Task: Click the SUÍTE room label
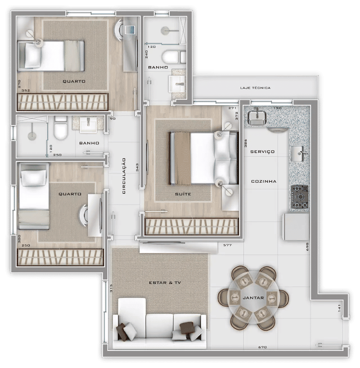click(x=183, y=194)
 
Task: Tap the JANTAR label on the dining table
click(x=253, y=298)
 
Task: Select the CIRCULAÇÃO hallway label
click(x=124, y=176)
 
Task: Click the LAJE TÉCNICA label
click(x=255, y=88)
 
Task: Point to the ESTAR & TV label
click(x=165, y=283)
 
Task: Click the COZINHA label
click(x=264, y=181)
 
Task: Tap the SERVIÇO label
click(x=262, y=152)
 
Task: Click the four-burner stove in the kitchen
click(x=300, y=197)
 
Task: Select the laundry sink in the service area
click(x=257, y=117)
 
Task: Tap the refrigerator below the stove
click(x=296, y=227)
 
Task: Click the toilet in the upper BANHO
click(x=174, y=58)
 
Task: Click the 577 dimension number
click(x=227, y=245)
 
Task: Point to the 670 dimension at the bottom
click(x=262, y=347)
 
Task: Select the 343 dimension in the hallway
click(x=137, y=167)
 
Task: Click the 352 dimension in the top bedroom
click(x=26, y=90)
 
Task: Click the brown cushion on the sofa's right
click(x=187, y=328)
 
